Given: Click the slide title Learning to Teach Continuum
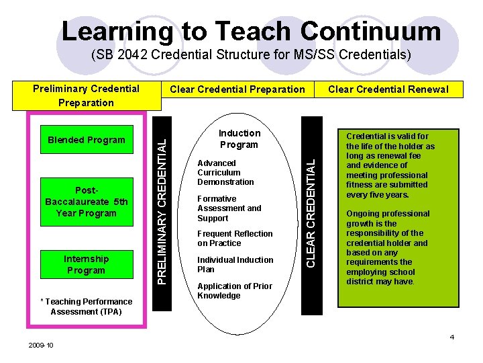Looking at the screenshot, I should point(251,31).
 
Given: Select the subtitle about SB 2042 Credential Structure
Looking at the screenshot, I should point(251,54).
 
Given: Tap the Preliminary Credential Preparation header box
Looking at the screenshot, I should point(86,95).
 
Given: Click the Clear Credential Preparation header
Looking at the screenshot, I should point(237,89).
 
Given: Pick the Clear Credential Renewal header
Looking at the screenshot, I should point(388,89).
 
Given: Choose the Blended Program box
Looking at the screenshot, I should point(86,140).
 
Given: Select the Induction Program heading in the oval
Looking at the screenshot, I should point(239,139).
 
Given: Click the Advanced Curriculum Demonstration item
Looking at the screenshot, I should point(225,173).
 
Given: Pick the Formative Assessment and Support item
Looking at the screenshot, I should point(229,208).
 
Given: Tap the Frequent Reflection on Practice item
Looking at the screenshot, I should point(234,239).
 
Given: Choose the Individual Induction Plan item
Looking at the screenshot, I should point(235,264).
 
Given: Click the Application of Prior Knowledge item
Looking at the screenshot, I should point(234,290).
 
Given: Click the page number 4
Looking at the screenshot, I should point(451,337).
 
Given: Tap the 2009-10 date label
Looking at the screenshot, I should point(41,345).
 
